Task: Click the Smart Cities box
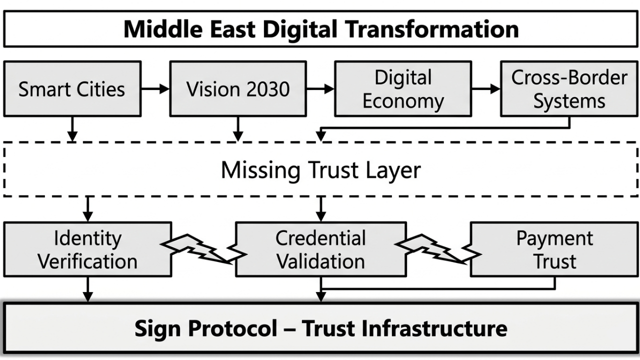coord(72,89)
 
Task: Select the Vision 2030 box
coord(238,89)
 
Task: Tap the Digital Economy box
coord(403,89)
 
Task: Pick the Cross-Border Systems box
coord(569,89)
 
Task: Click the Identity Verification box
coord(88,249)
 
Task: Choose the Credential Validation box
coord(320,249)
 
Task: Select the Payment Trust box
coord(554,249)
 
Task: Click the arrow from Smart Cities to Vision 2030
coord(155,89)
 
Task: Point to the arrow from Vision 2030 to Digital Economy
coord(320,89)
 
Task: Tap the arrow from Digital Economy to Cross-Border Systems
coord(485,89)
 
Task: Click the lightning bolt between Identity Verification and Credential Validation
coord(203,248)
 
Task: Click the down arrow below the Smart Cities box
coord(72,129)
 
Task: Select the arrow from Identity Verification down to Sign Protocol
coord(88,289)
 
